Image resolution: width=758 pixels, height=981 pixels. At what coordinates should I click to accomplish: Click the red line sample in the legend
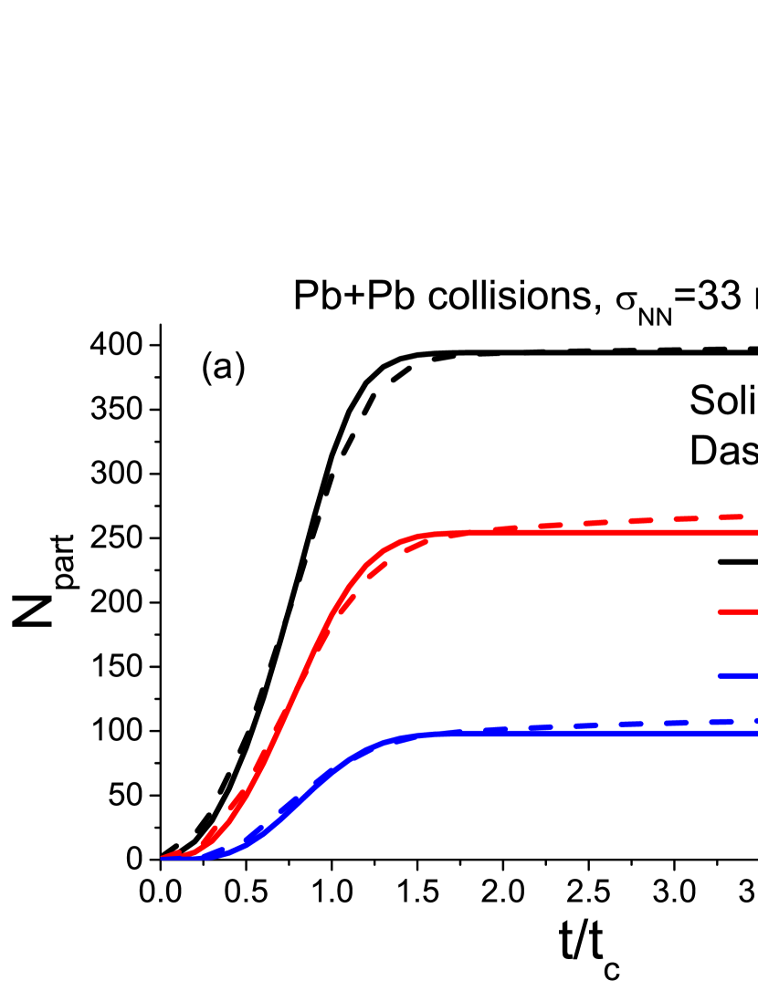[x=738, y=611]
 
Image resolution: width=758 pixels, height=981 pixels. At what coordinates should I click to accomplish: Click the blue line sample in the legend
[x=738, y=675]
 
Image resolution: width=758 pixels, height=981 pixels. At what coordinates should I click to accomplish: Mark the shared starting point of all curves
[x=163, y=858]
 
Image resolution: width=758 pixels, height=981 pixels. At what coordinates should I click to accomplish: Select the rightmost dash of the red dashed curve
[x=731, y=517]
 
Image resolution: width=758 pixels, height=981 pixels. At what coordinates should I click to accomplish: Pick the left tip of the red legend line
[x=720, y=611]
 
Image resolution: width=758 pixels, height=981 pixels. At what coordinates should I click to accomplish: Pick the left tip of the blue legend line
[x=720, y=675]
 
